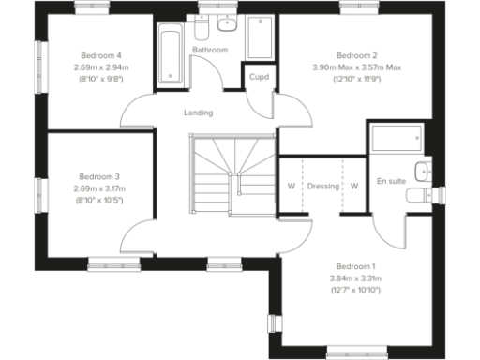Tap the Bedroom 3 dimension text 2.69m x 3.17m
point(98,187)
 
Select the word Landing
point(198,112)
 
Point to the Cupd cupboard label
point(259,77)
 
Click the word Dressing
point(323,186)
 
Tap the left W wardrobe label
point(291,186)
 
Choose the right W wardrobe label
point(354,186)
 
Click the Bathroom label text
point(210,49)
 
